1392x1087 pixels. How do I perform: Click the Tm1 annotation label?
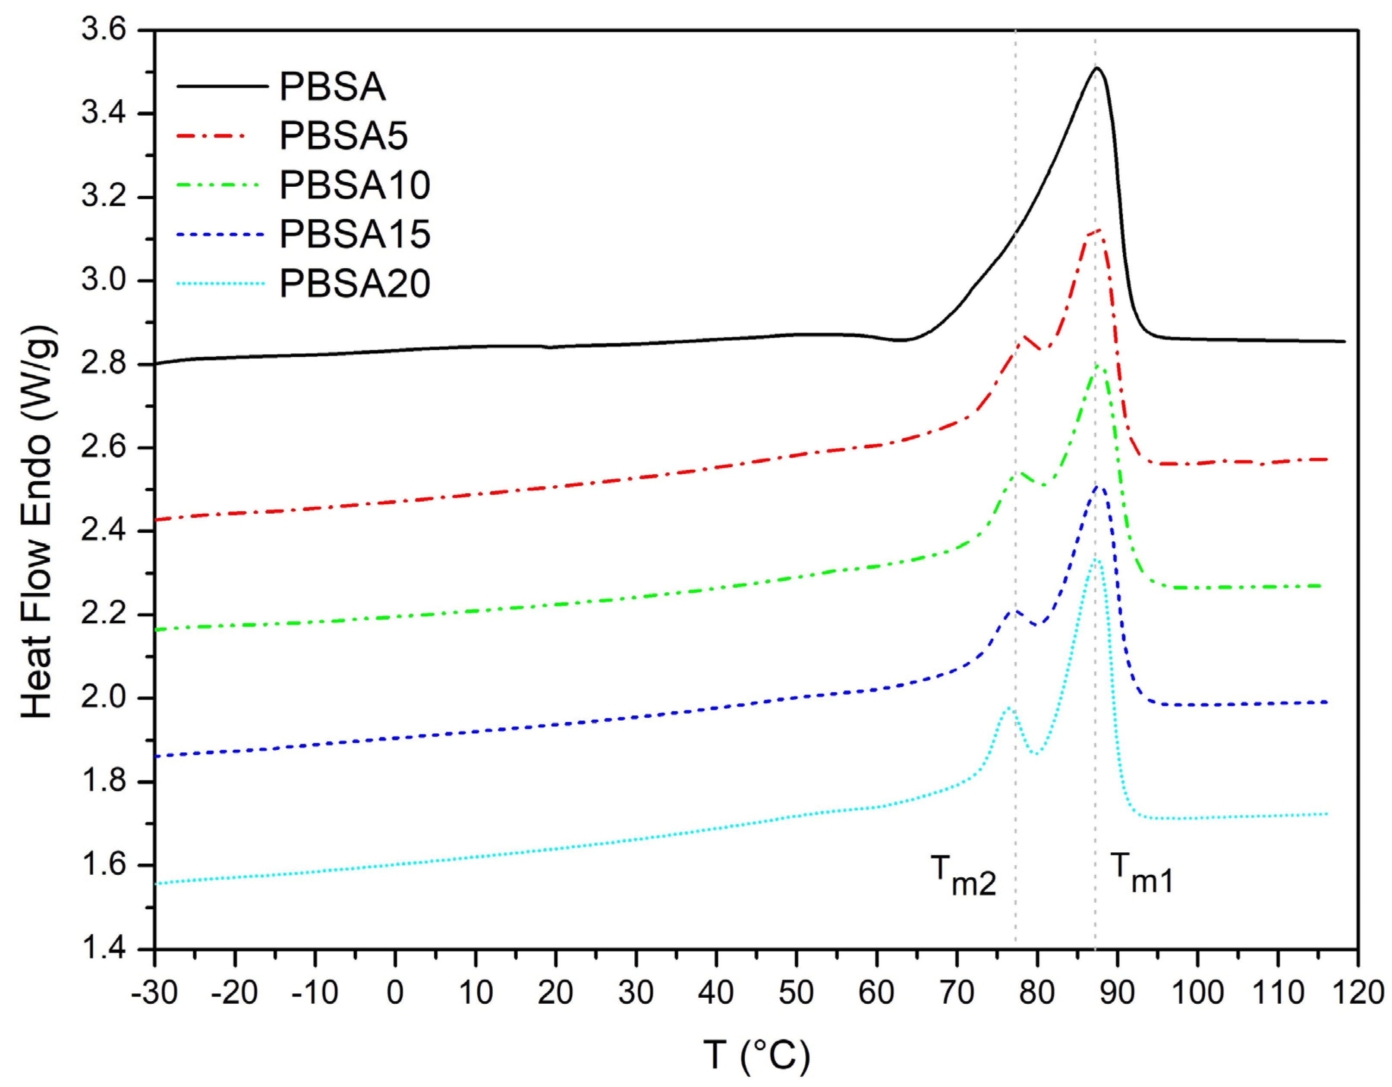point(1141,874)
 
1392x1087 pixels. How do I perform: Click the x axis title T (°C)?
point(756,1055)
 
